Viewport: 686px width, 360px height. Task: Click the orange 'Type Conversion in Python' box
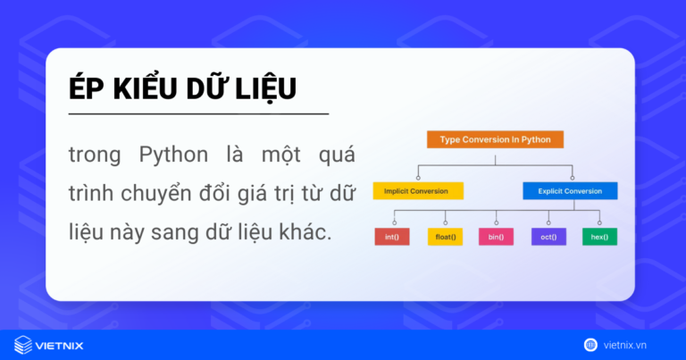495,139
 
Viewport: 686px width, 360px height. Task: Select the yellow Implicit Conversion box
418,191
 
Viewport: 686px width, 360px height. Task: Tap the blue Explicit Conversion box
570,191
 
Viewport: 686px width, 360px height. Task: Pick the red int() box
392,237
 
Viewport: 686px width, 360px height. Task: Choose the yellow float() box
444,237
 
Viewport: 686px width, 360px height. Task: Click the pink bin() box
496,237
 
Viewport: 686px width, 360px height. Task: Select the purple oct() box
548,237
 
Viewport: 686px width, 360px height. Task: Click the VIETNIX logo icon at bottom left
23,344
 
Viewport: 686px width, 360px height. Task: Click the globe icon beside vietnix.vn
590,344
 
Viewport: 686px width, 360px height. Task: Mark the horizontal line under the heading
198,114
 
